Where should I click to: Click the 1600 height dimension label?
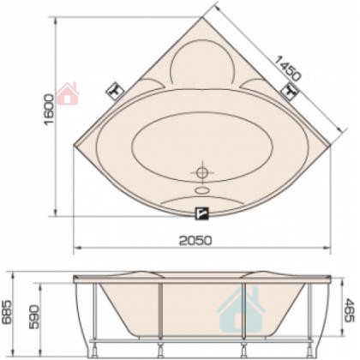49,109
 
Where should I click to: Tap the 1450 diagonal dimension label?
288,69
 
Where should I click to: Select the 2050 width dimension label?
195,241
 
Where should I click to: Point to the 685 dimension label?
7,312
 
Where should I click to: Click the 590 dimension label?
34,317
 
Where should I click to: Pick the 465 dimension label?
349,310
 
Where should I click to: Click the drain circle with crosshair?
202,172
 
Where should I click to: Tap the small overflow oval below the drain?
202,190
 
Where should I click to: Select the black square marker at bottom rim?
202,213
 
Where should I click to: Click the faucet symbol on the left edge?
115,91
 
